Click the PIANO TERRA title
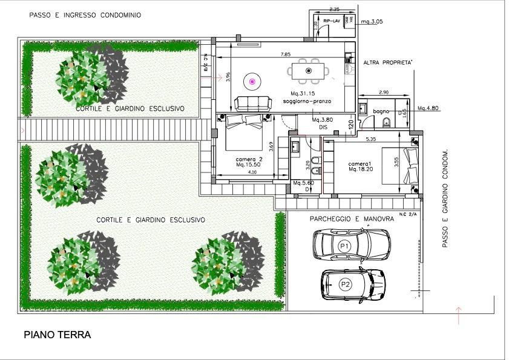57,335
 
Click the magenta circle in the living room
252,80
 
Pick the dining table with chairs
309,71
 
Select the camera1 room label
361,164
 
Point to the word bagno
381,111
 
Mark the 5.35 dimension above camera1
372,139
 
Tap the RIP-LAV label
332,21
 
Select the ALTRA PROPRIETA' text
388,62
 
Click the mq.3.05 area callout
372,21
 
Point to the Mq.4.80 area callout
429,109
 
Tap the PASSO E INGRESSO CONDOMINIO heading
85,15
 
